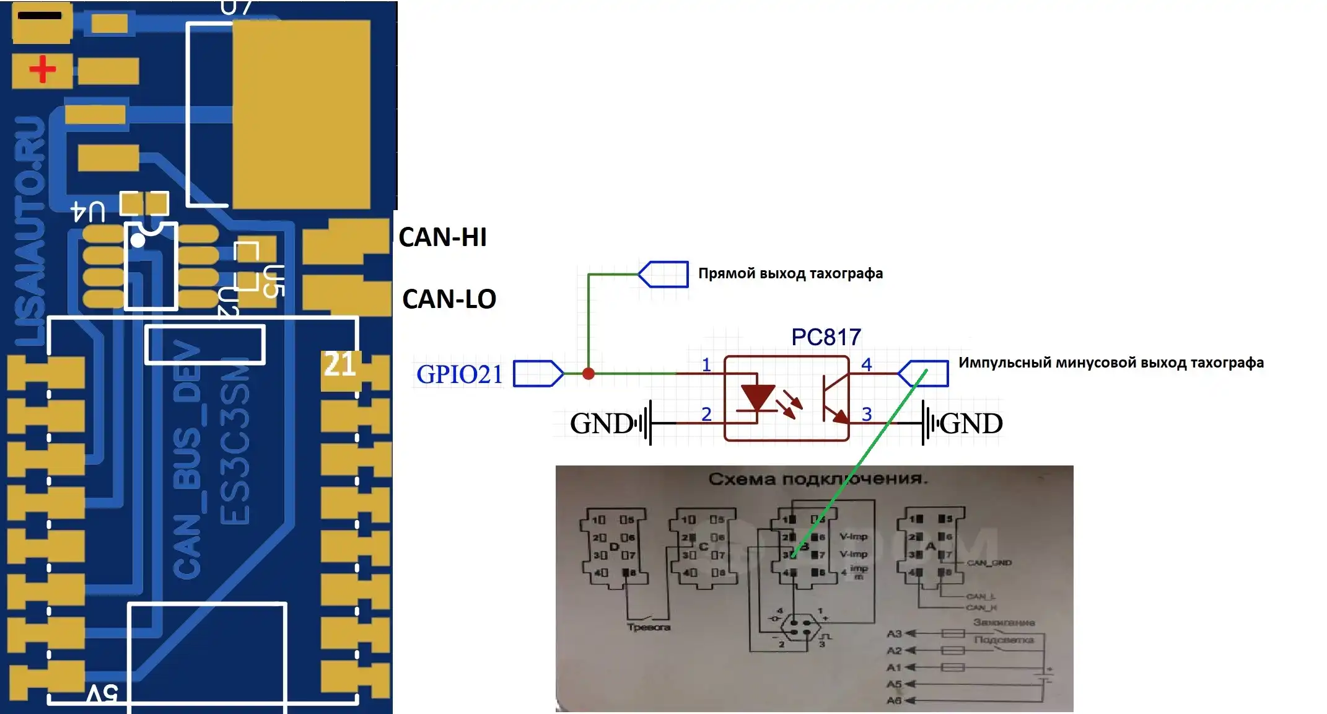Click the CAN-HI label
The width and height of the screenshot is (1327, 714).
pos(442,237)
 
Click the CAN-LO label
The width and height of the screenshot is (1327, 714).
pos(449,299)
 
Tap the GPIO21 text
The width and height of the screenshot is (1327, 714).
pos(459,374)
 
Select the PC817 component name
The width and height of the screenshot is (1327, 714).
pos(826,337)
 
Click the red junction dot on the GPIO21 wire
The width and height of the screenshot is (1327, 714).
pos(589,373)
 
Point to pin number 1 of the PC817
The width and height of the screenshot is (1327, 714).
pos(706,364)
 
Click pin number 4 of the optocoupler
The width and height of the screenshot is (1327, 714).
pos(867,364)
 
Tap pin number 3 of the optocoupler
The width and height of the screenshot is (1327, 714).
pos(867,413)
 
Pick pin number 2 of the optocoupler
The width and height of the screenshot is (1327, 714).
pos(706,413)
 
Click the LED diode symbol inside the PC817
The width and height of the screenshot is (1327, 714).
pos(758,397)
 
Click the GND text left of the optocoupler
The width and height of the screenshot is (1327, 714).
pos(600,424)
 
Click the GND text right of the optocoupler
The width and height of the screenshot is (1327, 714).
pos(971,424)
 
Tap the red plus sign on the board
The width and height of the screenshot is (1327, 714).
pos(42,69)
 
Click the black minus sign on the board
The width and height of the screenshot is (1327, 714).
pos(40,15)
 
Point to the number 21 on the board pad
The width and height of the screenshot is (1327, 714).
pos(339,365)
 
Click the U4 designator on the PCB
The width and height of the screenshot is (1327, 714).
pos(88,212)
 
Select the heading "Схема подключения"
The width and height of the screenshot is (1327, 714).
pos(817,479)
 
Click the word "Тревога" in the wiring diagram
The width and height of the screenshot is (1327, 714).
pos(648,627)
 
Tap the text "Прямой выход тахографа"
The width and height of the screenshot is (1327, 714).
pos(790,273)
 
